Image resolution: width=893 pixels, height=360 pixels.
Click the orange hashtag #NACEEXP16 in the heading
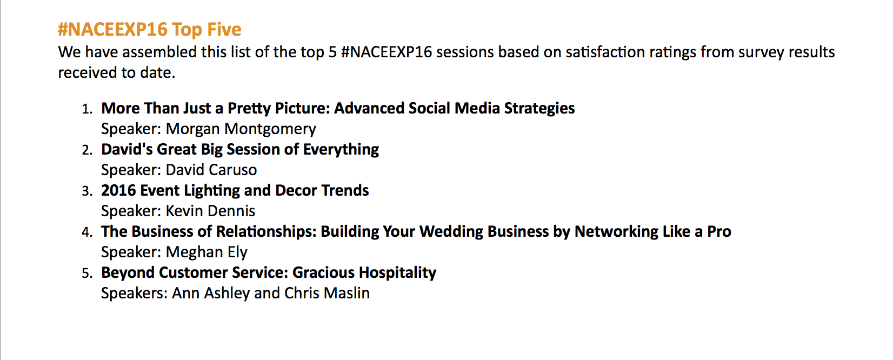112,30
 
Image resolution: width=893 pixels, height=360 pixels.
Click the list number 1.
87,109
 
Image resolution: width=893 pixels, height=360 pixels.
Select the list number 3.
87,191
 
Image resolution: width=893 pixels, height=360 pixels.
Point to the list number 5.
87,273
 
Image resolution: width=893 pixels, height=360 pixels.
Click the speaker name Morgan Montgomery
241,129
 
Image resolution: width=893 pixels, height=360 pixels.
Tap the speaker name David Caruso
211,170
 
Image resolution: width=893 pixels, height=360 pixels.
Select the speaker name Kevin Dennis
210,211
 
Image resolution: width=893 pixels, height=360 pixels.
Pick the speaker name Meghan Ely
206,252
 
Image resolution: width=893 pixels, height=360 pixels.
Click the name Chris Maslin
327,293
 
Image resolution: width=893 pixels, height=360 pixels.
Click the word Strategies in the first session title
539,109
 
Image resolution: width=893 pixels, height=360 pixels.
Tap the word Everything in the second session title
341,150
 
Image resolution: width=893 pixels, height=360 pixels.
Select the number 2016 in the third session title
118,191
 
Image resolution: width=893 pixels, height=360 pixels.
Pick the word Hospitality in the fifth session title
397,273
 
